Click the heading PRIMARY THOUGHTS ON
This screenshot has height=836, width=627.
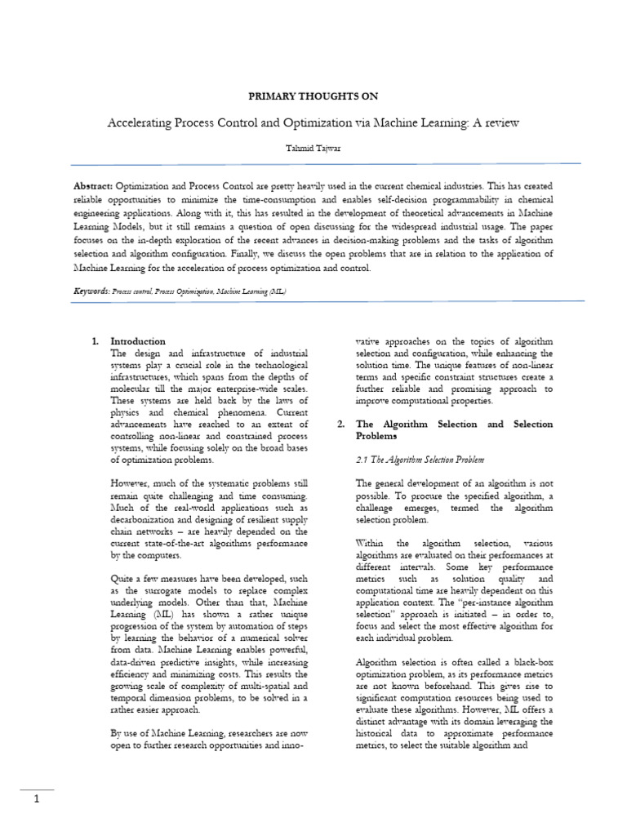[313, 96]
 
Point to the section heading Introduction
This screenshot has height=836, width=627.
[138, 341]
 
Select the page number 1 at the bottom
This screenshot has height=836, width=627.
[37, 800]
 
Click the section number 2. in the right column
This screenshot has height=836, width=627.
[340, 425]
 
